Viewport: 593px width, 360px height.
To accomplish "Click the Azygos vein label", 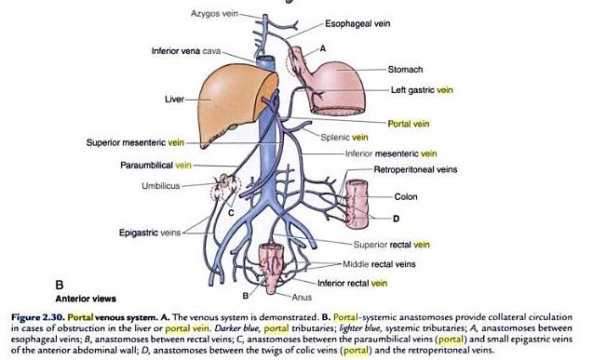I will coord(215,15).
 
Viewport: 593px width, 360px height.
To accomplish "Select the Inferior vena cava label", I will coord(186,49).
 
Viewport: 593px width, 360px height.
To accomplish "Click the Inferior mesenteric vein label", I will coord(391,153).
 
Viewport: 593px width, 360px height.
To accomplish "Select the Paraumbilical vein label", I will coord(155,166).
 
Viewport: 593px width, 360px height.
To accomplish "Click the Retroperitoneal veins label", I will coord(415,170).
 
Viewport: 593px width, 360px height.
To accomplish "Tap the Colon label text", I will coord(405,196).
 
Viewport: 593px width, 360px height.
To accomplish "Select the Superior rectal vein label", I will coord(384,245).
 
